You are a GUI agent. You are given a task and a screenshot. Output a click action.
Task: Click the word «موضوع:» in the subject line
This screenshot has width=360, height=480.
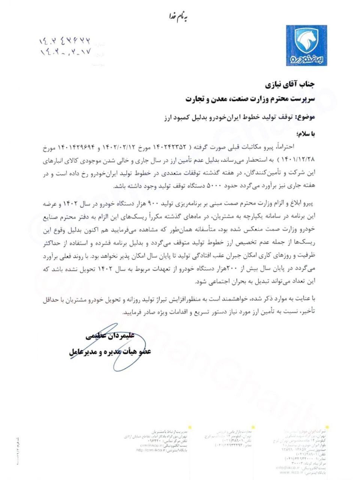coord(306,117)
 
